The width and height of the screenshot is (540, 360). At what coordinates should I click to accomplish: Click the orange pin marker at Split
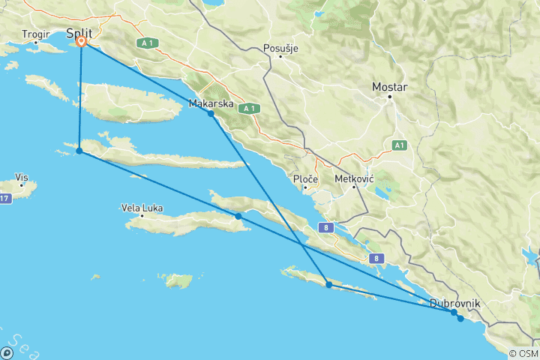click(x=81, y=42)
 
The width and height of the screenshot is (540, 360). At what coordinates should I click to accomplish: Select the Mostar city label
click(x=390, y=87)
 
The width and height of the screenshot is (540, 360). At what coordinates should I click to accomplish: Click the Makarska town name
click(x=211, y=103)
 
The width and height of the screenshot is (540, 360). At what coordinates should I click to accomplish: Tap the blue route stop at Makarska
click(x=211, y=113)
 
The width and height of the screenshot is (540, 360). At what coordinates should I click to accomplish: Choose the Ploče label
click(x=307, y=180)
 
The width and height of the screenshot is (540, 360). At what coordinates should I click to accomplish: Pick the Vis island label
click(x=22, y=177)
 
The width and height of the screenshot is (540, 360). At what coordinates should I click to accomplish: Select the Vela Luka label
click(x=142, y=208)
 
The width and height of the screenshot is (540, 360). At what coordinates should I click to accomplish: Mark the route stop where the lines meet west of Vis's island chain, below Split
click(x=79, y=151)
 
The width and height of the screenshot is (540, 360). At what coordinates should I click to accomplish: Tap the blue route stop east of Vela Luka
click(x=238, y=216)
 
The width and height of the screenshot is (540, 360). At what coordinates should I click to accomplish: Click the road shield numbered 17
click(x=4, y=198)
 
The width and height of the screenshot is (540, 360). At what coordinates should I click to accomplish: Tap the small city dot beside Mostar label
click(x=389, y=97)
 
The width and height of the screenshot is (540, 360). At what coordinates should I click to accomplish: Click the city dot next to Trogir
click(x=34, y=43)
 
